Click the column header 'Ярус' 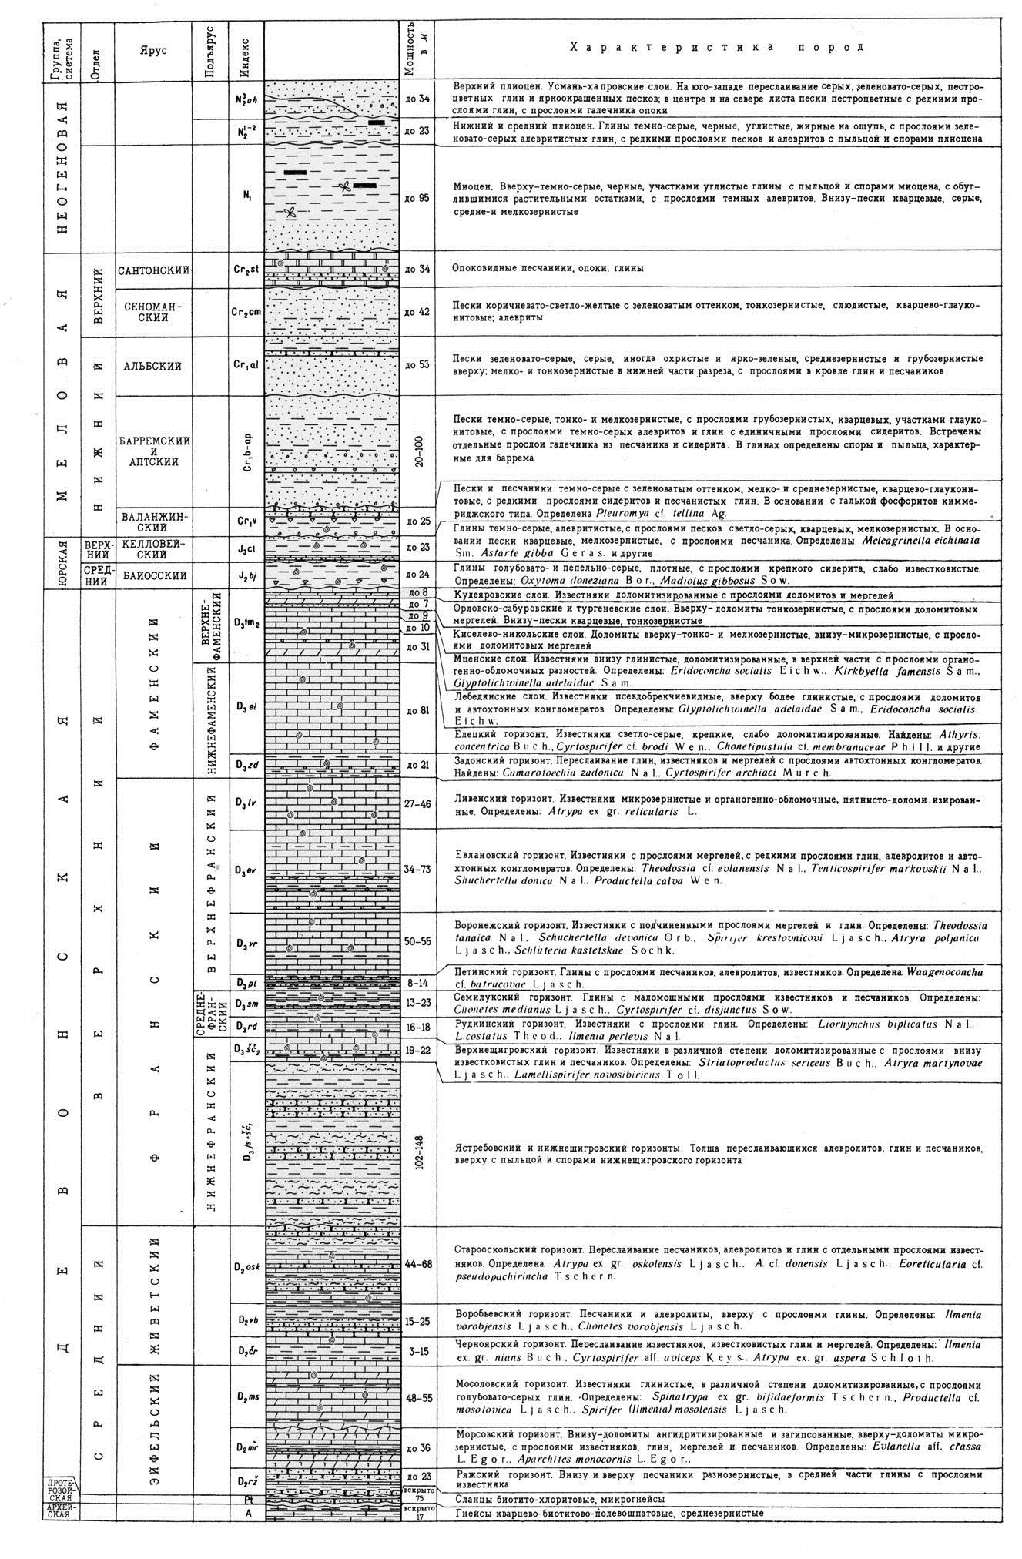pos(154,48)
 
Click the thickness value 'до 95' pos(416,198)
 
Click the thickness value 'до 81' pos(416,709)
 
